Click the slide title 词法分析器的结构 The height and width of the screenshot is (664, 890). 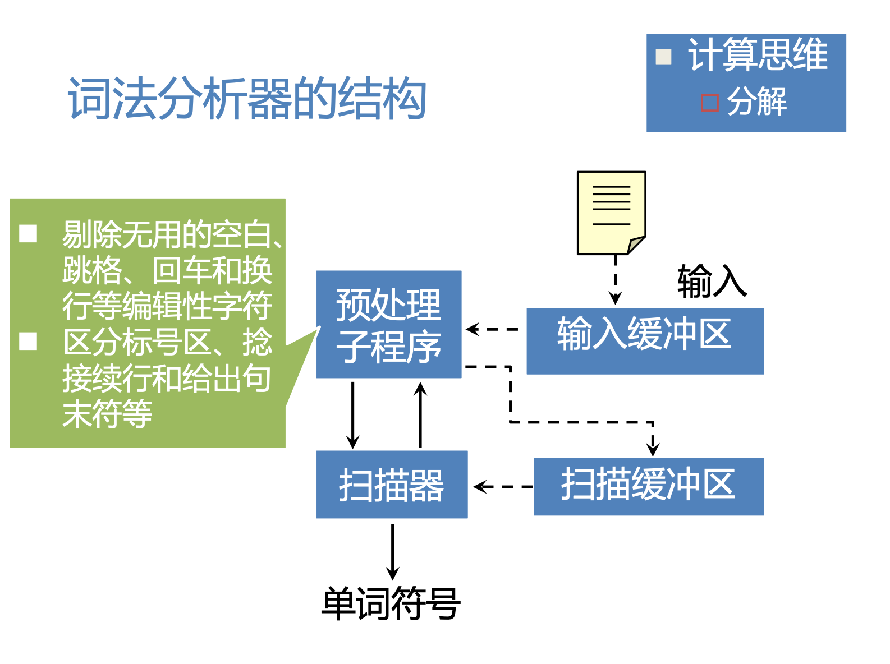(x=247, y=99)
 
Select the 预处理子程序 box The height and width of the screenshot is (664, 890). (x=389, y=324)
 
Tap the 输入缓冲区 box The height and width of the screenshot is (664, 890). (x=645, y=340)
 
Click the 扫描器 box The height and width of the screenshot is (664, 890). (x=392, y=485)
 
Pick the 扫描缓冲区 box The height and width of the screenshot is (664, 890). (x=649, y=486)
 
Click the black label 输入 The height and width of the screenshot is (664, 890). (x=712, y=280)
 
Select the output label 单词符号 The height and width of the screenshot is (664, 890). (x=391, y=603)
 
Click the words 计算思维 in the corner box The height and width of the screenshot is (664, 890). (x=758, y=55)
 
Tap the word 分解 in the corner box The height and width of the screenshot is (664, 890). (x=756, y=102)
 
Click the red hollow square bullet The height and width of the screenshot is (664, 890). (x=710, y=103)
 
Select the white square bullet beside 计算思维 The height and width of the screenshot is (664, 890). (x=664, y=57)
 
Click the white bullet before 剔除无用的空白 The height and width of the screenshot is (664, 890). (x=28, y=233)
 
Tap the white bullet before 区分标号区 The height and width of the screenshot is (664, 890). (x=28, y=341)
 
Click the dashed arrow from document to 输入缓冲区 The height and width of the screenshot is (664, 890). (x=616, y=279)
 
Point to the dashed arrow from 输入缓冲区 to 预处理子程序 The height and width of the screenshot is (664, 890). (x=493, y=329)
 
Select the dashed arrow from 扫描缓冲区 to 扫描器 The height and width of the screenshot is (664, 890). (x=502, y=487)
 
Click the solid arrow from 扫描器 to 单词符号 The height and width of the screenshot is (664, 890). (x=393, y=551)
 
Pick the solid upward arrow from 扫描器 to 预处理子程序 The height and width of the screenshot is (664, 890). (x=420, y=414)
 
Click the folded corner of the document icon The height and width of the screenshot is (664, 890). (x=636, y=245)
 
